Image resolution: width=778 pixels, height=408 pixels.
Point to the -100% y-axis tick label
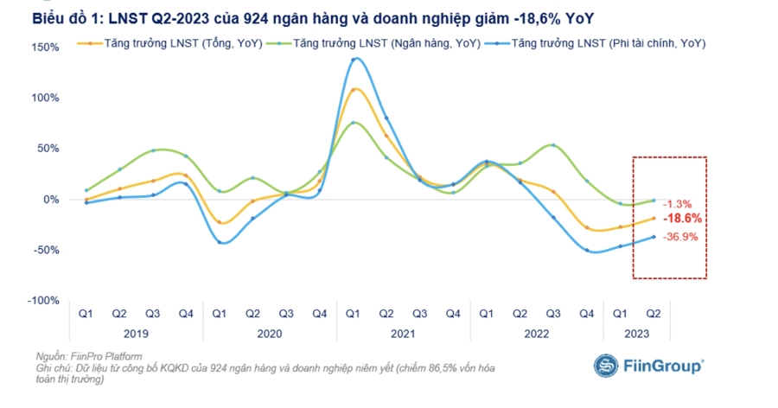pyautogui.click(x=43, y=300)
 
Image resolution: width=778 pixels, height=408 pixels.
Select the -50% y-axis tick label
pyautogui.click(x=46, y=250)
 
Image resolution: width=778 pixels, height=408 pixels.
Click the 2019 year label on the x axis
pyautogui.click(x=136, y=334)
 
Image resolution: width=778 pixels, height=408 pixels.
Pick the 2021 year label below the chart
pyautogui.click(x=403, y=334)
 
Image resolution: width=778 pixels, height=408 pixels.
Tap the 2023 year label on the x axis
pyautogui.click(x=636, y=334)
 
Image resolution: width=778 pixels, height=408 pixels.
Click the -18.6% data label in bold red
pyautogui.click(x=681, y=219)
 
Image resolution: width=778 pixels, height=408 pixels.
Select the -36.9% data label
pyautogui.click(x=679, y=237)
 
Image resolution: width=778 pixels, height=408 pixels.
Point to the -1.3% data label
pyautogui.click(x=677, y=204)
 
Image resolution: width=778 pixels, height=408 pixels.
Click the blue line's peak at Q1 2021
pyautogui.click(x=354, y=59)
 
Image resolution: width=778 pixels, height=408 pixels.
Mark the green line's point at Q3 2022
pyautogui.click(x=553, y=145)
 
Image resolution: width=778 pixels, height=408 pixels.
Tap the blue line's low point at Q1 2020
pyautogui.click(x=220, y=242)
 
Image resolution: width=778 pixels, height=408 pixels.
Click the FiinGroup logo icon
pyautogui.click(x=605, y=365)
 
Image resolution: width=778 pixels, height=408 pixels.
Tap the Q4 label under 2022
pyautogui.click(x=586, y=314)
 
